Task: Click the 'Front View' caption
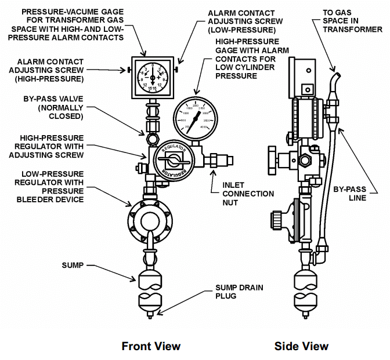(x=150, y=346)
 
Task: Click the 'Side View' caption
(x=301, y=346)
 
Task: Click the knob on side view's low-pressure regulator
(x=277, y=221)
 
